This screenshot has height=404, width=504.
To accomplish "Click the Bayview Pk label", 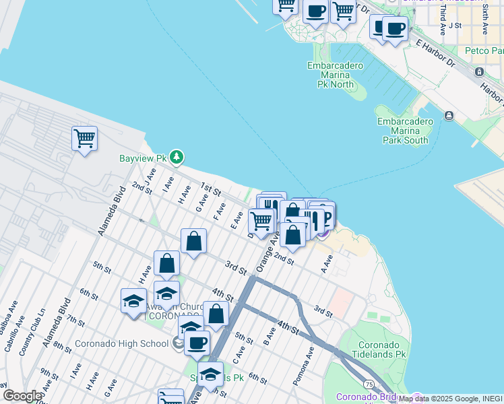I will coord(142,158).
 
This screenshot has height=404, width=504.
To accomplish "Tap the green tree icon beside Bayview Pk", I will coord(177,158).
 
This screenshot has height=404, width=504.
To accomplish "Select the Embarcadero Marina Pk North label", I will coord(335,75).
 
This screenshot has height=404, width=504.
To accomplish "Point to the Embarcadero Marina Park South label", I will coord(403,131).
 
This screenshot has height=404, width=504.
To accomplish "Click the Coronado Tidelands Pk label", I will coord(382,348).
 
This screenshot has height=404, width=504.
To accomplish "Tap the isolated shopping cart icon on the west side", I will coord(85,139).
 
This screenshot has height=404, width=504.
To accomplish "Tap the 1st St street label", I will coord(211,191).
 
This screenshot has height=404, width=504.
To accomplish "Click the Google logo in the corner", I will coord(22,396).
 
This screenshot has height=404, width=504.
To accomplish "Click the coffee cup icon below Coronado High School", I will coord(197,343).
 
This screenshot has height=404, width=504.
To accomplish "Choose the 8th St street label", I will coord(62,347).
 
